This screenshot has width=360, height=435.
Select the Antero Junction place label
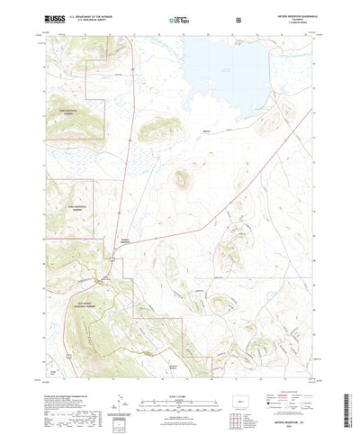point(122,240)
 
